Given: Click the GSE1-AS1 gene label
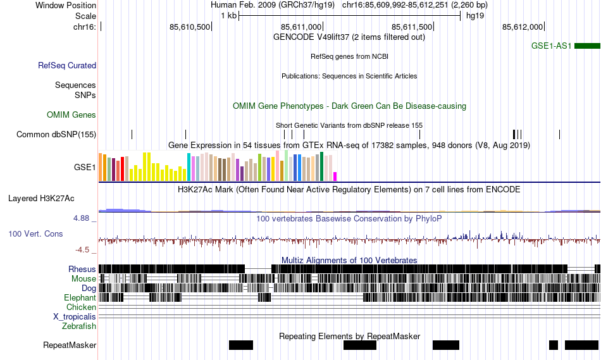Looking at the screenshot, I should [552, 46].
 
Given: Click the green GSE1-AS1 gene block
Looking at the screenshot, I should [587, 46].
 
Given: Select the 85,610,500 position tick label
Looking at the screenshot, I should [190, 27].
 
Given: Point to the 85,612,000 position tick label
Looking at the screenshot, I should [523, 27].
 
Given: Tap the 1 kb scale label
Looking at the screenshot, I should [228, 15].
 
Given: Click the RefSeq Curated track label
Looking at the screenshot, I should [67, 65].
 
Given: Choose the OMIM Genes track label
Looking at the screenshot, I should [71, 115].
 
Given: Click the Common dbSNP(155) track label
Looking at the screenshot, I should [56, 134].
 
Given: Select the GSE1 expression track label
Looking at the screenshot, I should [85, 168].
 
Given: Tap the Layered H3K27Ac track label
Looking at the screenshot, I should [41, 198].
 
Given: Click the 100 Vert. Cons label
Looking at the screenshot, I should [35, 233].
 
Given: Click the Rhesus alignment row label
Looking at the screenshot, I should [82, 269].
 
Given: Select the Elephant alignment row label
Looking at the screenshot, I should [80, 297].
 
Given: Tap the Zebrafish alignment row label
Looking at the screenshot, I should [79, 326].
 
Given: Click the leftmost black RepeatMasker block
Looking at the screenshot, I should [240, 345].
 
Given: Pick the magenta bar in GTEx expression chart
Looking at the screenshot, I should [335, 176].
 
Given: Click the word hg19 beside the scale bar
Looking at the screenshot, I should [475, 15].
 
